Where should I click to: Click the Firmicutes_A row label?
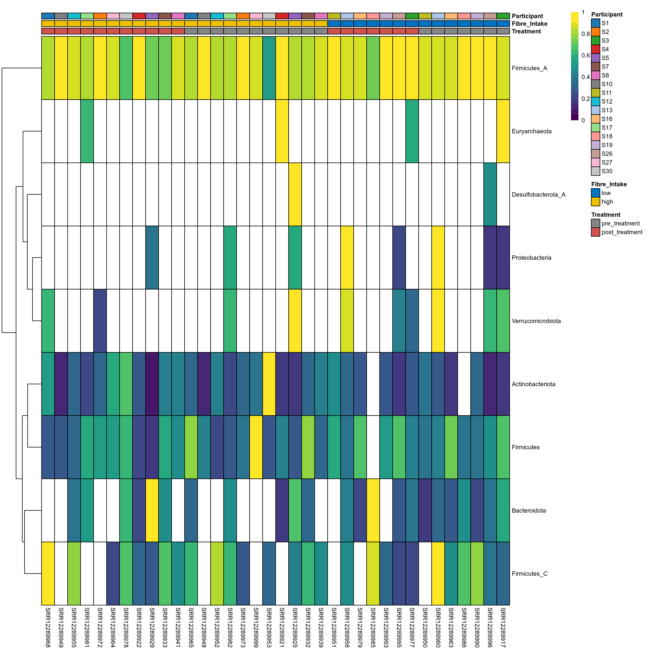[529, 68]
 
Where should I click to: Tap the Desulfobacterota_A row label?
[538, 195]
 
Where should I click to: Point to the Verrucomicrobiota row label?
[536, 321]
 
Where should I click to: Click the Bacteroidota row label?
[529, 511]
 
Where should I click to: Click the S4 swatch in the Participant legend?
[595, 49]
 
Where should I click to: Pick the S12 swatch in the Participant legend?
[595, 101]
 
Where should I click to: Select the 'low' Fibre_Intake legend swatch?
[595, 193]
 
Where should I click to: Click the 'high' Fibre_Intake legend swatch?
[595, 202]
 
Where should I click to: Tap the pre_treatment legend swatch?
[595, 223]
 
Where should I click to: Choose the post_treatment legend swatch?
[595, 232]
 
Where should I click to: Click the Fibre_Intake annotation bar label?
[529, 24]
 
